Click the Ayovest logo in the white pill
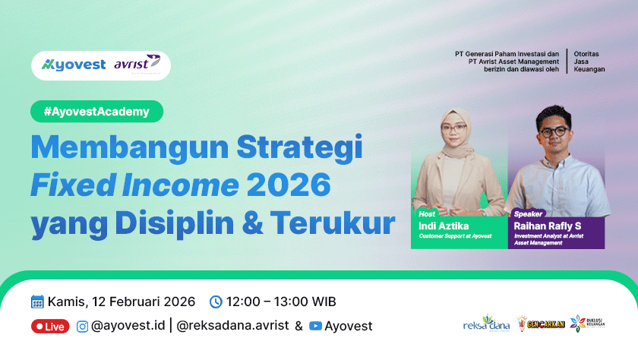(74, 65)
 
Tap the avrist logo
(137, 64)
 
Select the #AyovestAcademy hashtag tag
(96, 112)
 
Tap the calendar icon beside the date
(37, 302)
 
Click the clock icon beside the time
(216, 302)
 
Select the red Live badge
(50, 327)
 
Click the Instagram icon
(81, 327)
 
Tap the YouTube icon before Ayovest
(316, 327)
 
